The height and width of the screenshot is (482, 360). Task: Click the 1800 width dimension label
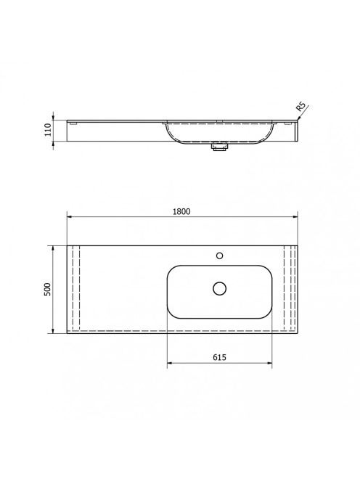181,211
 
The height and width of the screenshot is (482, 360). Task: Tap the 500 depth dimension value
48,289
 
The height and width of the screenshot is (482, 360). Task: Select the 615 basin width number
219,357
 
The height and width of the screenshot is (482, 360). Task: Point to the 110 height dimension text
48,130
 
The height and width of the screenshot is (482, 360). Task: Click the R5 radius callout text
301,107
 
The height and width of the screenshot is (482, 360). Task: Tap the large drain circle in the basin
219,289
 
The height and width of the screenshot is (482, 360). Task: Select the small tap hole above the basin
219,256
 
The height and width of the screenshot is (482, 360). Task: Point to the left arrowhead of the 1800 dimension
70,217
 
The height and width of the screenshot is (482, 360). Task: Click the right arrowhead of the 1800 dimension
295,217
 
